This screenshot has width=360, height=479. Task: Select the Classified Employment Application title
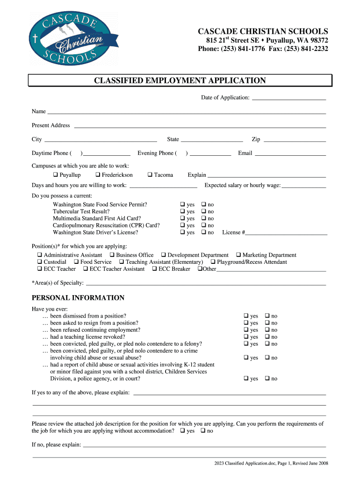point(180,80)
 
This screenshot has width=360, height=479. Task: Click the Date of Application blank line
point(288,98)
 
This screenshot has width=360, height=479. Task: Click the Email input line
point(290,154)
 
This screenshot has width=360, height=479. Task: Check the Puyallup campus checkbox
point(55,175)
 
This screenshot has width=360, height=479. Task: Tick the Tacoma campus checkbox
point(150,175)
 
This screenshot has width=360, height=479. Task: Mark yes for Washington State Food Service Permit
point(182,204)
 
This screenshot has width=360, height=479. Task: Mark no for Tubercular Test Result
point(203,211)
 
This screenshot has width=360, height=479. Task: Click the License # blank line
point(287,233)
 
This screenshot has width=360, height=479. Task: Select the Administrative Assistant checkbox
point(39,255)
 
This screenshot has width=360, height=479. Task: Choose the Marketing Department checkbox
point(238,255)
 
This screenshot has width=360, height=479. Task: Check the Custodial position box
point(39,262)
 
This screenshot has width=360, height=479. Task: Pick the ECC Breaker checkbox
point(154,269)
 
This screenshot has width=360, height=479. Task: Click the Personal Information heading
point(78,298)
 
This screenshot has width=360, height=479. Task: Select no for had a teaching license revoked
point(267,337)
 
